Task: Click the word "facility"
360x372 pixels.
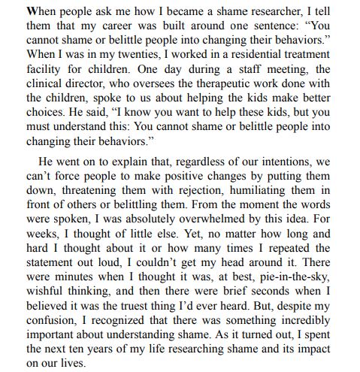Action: [x=30, y=70]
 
